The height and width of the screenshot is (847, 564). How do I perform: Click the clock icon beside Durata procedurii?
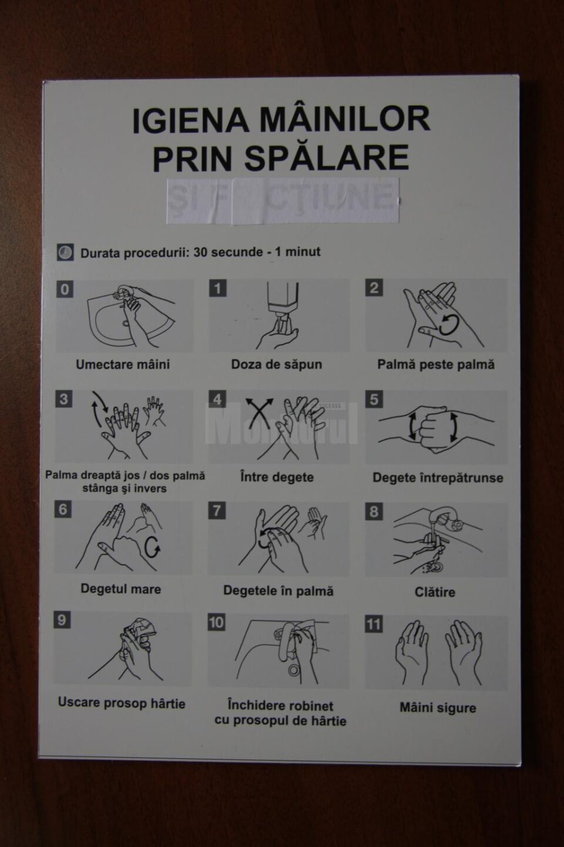[65, 252]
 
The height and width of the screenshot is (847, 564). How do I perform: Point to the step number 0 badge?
[65, 289]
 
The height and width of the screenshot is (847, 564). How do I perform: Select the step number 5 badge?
[374, 399]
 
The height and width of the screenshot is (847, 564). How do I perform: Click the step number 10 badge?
[216, 622]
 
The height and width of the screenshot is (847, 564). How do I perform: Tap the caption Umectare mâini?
[123, 364]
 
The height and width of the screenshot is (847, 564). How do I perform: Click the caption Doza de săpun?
[276, 364]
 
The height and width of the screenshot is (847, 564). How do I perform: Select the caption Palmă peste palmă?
[435, 364]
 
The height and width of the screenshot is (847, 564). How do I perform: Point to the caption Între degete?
[277, 477]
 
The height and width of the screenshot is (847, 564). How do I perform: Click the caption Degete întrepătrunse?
[438, 478]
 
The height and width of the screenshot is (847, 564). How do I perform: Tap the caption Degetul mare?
[120, 589]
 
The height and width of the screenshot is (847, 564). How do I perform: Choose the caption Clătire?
[435, 592]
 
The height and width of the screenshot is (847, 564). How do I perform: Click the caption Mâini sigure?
[438, 707]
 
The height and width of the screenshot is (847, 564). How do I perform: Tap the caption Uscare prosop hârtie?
[122, 703]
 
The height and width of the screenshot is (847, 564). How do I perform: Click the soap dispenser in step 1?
[283, 303]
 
